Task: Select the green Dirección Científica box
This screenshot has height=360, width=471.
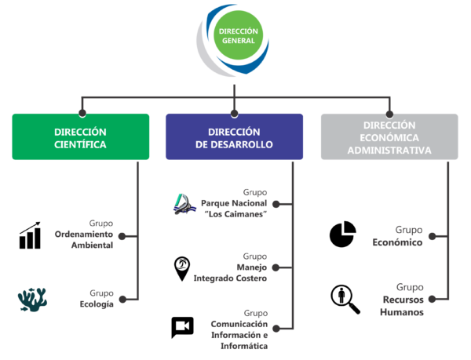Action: (x=81, y=137)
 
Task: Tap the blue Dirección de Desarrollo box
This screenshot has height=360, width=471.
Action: (x=234, y=137)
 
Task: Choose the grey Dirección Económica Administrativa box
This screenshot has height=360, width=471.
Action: (x=389, y=137)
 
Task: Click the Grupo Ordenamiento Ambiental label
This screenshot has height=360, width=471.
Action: (x=84, y=234)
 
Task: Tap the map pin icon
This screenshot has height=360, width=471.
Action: (x=182, y=268)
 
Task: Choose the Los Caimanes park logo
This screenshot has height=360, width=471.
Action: (x=186, y=203)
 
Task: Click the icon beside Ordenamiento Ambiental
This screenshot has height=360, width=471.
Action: (x=29, y=235)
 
